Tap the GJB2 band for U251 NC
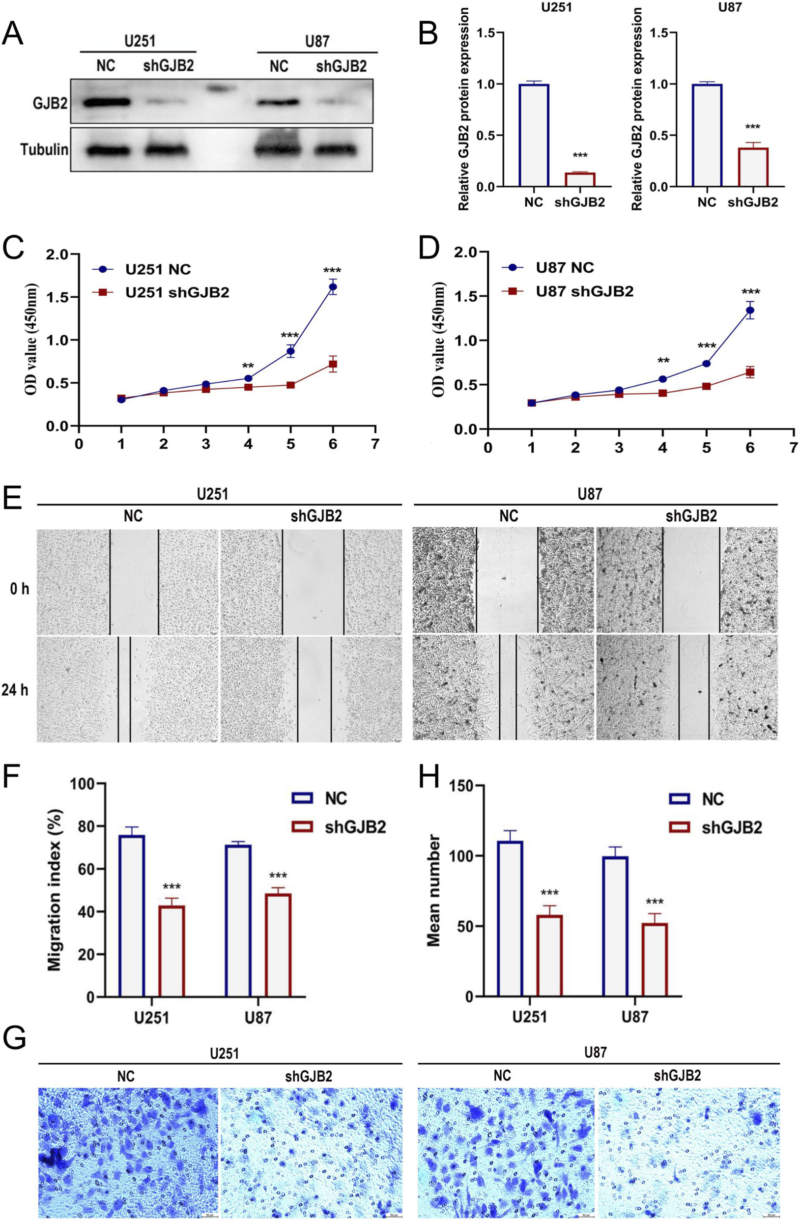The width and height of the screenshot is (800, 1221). click(x=107, y=103)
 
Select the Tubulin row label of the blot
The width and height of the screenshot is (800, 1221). click(x=44, y=150)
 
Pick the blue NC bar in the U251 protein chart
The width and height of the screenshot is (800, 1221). click(x=534, y=136)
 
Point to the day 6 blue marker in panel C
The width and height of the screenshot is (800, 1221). click(x=333, y=287)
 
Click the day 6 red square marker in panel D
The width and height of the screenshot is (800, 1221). click(x=750, y=372)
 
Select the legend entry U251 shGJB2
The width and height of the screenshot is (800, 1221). click(x=177, y=292)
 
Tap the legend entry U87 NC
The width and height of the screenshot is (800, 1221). click(x=565, y=267)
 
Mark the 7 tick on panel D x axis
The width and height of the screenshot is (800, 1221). click(x=793, y=447)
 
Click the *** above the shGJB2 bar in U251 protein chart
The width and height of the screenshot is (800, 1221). click(x=580, y=155)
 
